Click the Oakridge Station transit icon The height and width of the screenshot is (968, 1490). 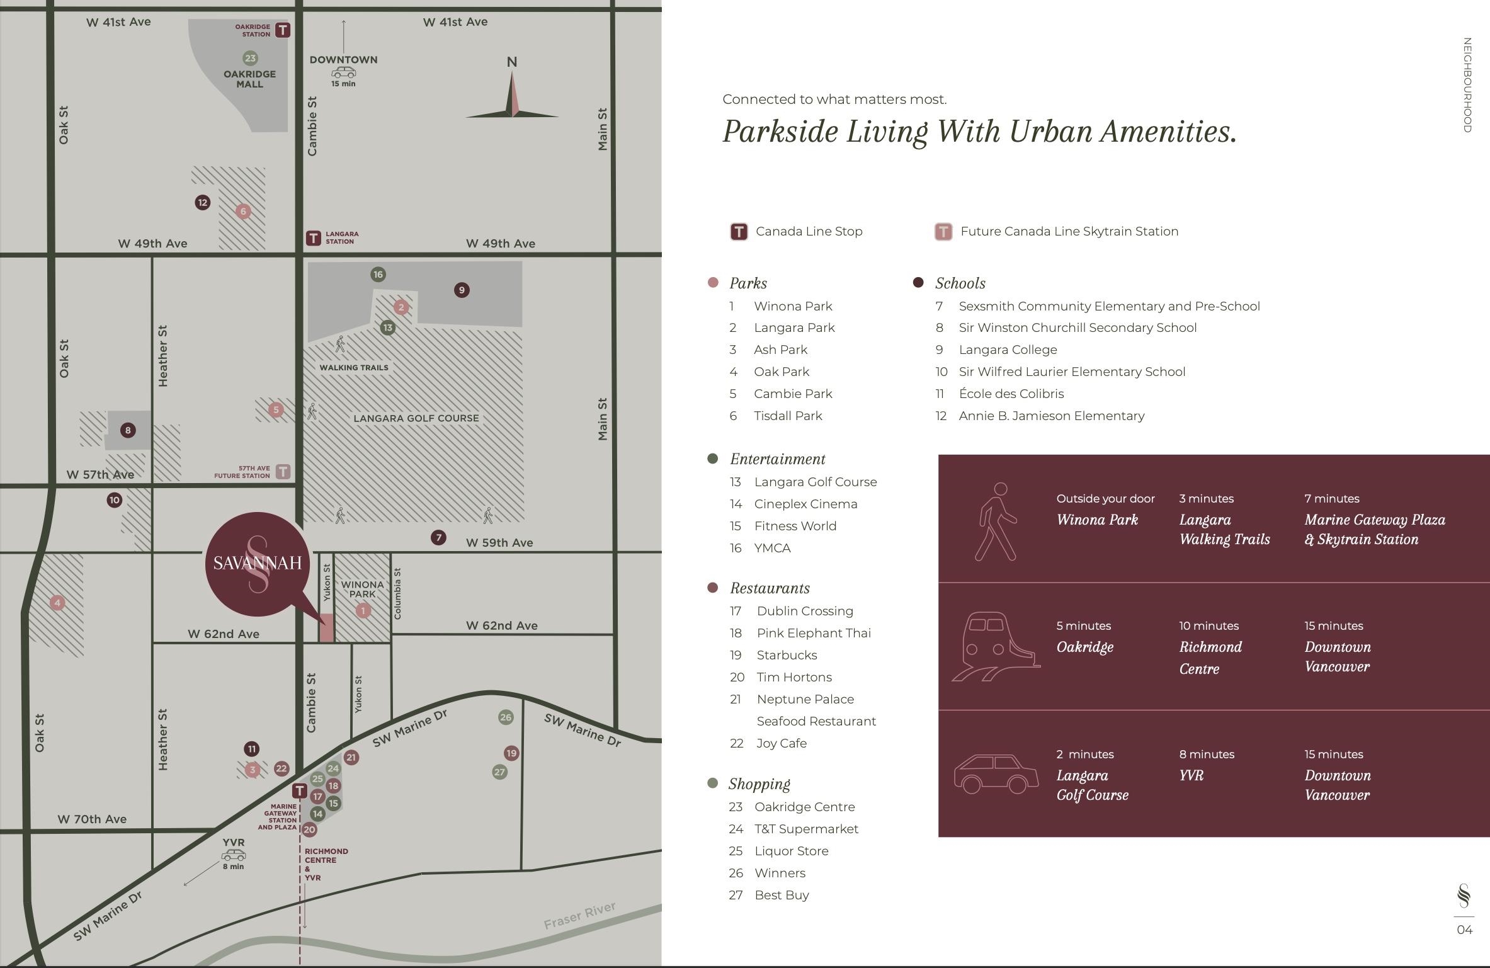283,30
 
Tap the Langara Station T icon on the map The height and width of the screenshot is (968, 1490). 313,238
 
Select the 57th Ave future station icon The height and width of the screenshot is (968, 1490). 283,471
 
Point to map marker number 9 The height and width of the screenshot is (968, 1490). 462,290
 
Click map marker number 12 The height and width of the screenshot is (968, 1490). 202,202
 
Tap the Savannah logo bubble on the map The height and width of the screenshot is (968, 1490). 257,563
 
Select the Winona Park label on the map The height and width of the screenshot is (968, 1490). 362,589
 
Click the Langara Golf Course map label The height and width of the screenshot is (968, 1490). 416,418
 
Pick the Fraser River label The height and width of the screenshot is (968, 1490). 579,915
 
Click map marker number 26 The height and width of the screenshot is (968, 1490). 506,717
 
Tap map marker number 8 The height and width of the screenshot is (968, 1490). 128,430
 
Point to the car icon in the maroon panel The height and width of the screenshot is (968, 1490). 996,774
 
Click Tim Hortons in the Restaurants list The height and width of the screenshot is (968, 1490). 793,677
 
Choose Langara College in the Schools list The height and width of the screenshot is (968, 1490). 1008,350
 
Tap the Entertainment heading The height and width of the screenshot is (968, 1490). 777,459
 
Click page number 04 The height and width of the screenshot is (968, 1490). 1464,930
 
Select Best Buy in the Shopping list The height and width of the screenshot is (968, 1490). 782,895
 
